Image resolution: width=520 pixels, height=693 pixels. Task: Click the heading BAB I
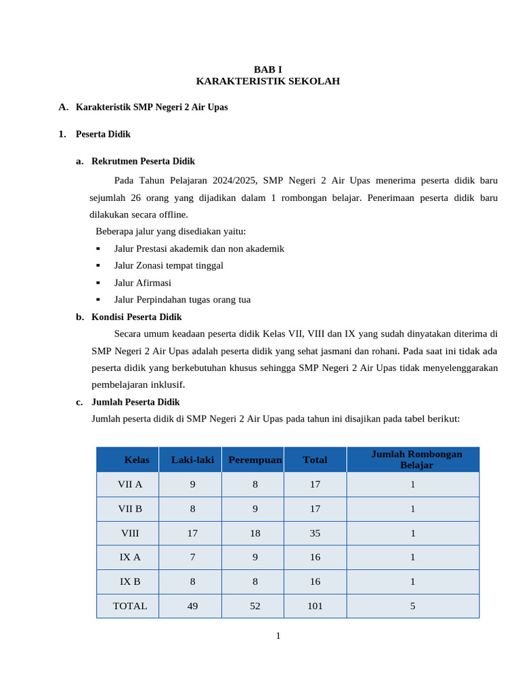tap(267, 69)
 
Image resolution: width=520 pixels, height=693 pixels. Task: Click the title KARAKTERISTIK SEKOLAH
tap(267, 81)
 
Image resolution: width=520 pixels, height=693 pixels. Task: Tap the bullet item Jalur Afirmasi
tap(143, 283)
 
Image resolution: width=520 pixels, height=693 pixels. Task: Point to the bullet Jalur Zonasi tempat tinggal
tap(169, 265)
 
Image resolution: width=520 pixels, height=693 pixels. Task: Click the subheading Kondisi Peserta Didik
tap(137, 317)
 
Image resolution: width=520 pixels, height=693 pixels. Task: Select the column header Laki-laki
tap(192, 460)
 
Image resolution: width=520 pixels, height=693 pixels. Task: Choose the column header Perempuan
tap(255, 460)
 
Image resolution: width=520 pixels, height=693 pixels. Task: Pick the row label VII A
tap(130, 485)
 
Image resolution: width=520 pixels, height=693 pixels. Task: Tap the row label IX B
tap(130, 581)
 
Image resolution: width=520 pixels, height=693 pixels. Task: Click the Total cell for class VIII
tap(315, 533)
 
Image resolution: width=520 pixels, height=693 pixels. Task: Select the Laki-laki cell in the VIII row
tap(192, 533)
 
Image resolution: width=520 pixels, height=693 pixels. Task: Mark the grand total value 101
tap(315, 606)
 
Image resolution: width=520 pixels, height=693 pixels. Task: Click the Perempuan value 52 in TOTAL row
tap(255, 606)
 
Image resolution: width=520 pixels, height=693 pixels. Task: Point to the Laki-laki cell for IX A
tap(192, 557)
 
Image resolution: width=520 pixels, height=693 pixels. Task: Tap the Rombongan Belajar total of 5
tap(412, 606)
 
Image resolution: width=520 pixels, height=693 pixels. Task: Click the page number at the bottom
tap(278, 635)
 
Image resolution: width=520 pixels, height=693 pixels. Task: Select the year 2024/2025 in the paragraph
tap(233, 181)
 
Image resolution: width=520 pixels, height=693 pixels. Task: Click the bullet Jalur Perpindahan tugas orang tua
tap(182, 300)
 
